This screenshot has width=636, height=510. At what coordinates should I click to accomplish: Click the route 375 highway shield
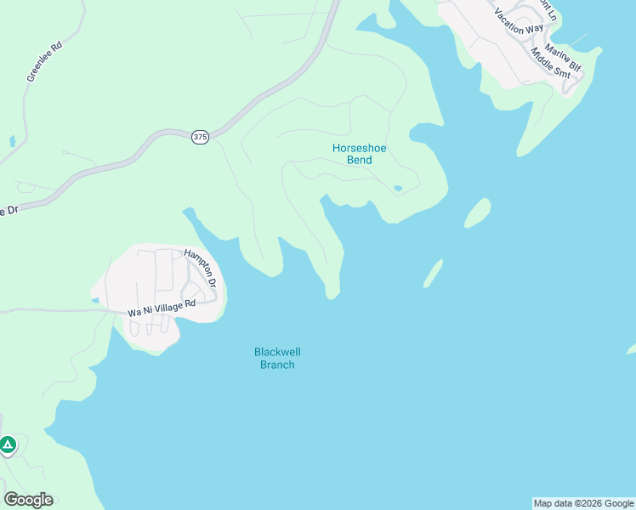coord(200,137)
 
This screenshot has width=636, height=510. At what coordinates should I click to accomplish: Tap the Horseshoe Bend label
coord(359,154)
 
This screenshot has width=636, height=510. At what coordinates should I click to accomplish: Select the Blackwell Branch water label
coord(277,358)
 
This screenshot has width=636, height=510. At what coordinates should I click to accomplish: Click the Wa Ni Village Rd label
coord(162,308)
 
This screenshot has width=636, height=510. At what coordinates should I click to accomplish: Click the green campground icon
coord(8,445)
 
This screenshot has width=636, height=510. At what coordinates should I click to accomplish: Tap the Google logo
coord(28,500)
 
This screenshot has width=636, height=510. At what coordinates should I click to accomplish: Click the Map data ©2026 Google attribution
coord(584,504)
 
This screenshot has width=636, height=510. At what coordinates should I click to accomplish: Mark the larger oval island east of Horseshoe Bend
coord(478,212)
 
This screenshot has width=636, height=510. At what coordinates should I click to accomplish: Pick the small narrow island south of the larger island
coord(433,274)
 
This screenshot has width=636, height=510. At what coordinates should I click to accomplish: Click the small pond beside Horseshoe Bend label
coord(398,189)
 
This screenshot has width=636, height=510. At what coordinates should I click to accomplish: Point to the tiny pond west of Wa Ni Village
coord(94,299)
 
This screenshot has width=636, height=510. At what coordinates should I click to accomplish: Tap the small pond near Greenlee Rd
coord(11,140)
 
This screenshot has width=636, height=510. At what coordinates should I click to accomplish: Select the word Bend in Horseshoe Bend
coord(359,160)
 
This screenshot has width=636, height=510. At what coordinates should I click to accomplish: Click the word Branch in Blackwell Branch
coord(277,365)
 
